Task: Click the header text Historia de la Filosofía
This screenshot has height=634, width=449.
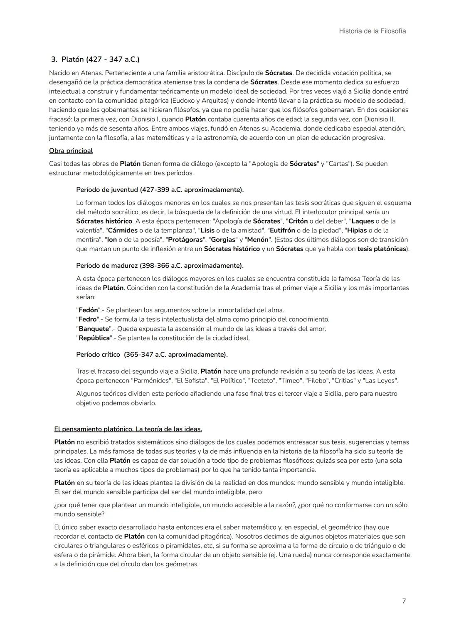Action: pos(372,31)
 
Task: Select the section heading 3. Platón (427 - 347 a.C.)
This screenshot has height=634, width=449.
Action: pos(95,59)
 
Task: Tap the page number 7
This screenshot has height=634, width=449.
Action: pos(404,601)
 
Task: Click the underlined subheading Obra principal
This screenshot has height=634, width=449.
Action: pos(71,150)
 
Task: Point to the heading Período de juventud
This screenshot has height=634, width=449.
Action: pos(160,190)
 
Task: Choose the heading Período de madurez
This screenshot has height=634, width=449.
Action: pos(160,265)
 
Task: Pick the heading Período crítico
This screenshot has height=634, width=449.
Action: pos(152,355)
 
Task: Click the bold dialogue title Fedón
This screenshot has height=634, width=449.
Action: pos(88,310)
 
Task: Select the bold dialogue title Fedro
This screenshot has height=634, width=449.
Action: pos(88,319)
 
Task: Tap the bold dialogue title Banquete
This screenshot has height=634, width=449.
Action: pos(94,329)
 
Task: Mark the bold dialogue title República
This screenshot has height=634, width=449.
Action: pos(94,338)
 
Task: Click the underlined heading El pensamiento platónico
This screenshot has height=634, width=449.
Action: pos(128,429)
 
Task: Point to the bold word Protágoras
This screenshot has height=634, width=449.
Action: pos(185,240)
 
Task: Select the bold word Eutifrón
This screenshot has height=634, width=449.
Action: pos(282,230)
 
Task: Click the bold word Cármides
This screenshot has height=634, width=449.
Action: pos(123,230)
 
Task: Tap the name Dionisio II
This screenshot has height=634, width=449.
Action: pos(373,119)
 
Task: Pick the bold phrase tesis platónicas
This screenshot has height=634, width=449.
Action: pos(381,249)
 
